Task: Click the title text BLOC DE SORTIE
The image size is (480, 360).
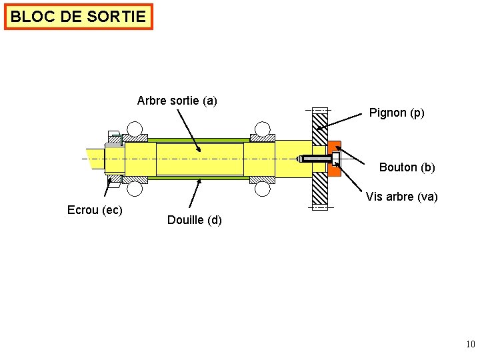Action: pyautogui.click(x=78, y=17)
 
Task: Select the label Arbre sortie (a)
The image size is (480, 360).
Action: pyautogui.click(x=177, y=101)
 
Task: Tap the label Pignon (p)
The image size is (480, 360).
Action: pyautogui.click(x=397, y=113)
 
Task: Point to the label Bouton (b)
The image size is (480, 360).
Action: pyautogui.click(x=407, y=167)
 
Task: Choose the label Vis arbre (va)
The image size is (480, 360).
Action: pyautogui.click(x=401, y=197)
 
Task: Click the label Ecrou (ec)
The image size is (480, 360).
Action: pyautogui.click(x=95, y=210)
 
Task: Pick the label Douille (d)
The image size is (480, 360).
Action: pyautogui.click(x=195, y=220)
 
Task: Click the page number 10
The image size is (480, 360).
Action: pyautogui.click(x=470, y=345)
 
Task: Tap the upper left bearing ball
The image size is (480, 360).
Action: pyautogui.click(x=135, y=129)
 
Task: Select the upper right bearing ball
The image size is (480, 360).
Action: pyautogui.click(x=263, y=129)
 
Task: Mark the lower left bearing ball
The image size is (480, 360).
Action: pyautogui.click(x=135, y=189)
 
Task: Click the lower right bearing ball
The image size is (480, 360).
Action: pyautogui.click(x=263, y=189)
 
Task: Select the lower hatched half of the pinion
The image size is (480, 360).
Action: pyautogui.click(x=320, y=191)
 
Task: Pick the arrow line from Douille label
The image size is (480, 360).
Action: pyautogui.click(x=195, y=196)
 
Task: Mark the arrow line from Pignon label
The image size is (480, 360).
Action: pyautogui.click(x=343, y=121)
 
